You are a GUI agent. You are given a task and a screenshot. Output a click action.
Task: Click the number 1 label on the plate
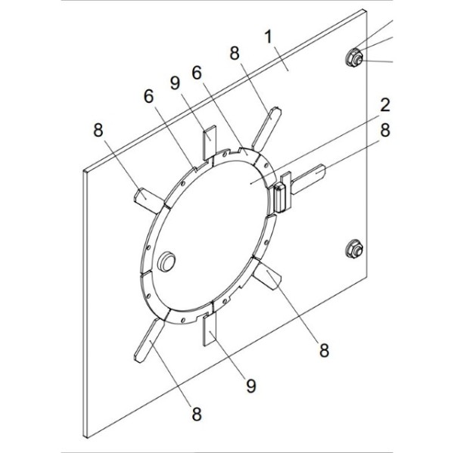[x=269, y=37]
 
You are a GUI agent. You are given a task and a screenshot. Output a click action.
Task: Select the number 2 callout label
[x=385, y=105]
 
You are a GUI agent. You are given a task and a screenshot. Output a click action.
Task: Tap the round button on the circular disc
[x=166, y=261]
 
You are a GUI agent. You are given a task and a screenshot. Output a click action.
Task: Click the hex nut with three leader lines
[x=354, y=58]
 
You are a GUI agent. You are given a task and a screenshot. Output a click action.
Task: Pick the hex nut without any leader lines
[x=355, y=249]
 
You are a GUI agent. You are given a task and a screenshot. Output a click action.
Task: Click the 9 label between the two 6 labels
[x=175, y=83]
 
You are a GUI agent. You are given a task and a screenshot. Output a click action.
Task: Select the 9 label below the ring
[x=251, y=385]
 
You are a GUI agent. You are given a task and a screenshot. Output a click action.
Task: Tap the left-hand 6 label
[x=149, y=96]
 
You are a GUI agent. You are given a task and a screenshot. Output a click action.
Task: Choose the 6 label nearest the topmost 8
[x=197, y=73]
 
